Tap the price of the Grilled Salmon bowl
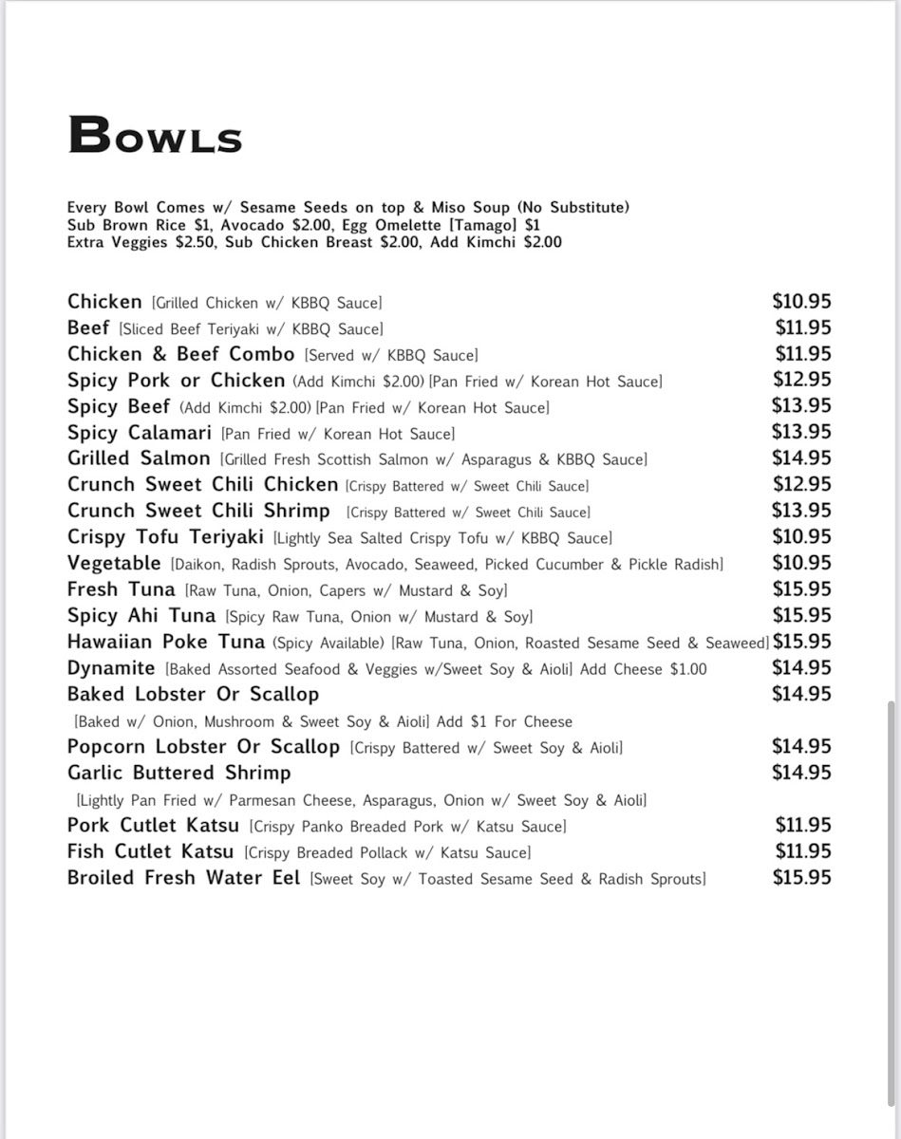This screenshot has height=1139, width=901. [x=801, y=458]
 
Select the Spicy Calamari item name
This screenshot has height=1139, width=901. [x=140, y=433]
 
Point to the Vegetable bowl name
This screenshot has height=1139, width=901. [x=114, y=564]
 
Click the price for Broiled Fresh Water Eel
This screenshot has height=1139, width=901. [x=801, y=878]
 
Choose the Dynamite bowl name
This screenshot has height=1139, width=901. [x=111, y=668]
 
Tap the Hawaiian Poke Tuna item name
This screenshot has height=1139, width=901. [x=165, y=643]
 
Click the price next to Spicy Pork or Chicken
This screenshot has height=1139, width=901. [x=801, y=380]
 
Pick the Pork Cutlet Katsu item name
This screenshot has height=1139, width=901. [x=153, y=826]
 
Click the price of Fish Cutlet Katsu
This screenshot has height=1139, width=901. [x=802, y=851]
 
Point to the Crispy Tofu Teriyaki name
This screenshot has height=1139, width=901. [x=165, y=537]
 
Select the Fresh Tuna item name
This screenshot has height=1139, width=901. [x=121, y=589]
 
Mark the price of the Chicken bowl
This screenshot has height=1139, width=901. [x=801, y=302]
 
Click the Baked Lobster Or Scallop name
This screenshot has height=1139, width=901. [x=193, y=695]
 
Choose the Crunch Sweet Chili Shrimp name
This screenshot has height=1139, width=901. [x=198, y=512]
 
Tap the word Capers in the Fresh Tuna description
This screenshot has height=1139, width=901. [x=342, y=590]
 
